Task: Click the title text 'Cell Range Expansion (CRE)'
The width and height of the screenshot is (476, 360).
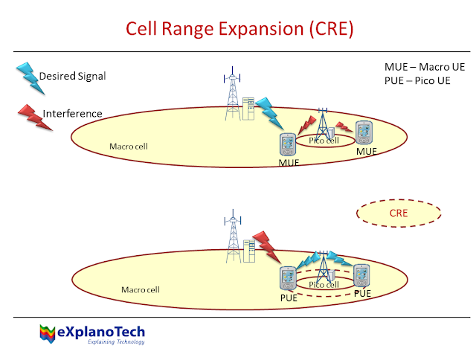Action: (x=239, y=29)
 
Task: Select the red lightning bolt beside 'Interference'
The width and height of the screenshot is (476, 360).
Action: (x=34, y=116)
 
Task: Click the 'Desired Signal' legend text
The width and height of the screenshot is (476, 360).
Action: (x=72, y=76)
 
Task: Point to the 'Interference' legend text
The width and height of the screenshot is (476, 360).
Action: (x=72, y=114)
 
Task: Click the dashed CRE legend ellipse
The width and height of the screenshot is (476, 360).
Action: (x=399, y=213)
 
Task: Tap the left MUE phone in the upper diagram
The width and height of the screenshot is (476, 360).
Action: (x=288, y=144)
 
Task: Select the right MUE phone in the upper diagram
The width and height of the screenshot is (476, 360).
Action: (x=364, y=133)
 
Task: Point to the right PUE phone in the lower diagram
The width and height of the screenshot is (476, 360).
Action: (x=362, y=276)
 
